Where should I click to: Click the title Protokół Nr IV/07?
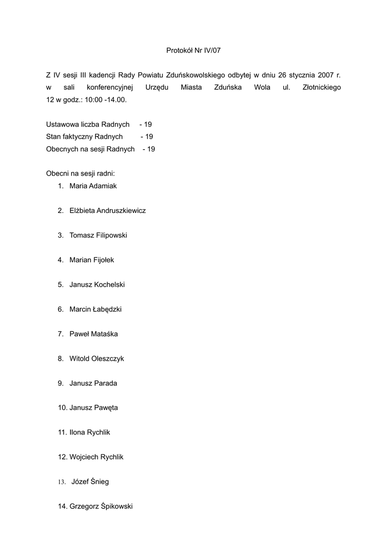click(193, 50)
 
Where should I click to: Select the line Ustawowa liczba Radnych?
click(88, 124)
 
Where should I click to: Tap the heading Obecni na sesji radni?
click(81, 174)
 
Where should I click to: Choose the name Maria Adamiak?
click(93, 186)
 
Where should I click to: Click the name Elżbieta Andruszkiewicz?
click(107, 211)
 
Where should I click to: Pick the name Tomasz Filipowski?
click(98, 235)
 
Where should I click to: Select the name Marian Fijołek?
click(92, 260)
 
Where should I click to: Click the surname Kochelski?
click(109, 285)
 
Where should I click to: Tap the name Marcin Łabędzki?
click(96, 309)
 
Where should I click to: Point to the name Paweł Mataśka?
click(94, 334)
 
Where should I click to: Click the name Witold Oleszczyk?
click(97, 359)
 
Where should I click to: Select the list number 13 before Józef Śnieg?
click(61, 482)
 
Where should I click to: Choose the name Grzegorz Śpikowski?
click(101, 506)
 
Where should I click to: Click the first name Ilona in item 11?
click(78, 432)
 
